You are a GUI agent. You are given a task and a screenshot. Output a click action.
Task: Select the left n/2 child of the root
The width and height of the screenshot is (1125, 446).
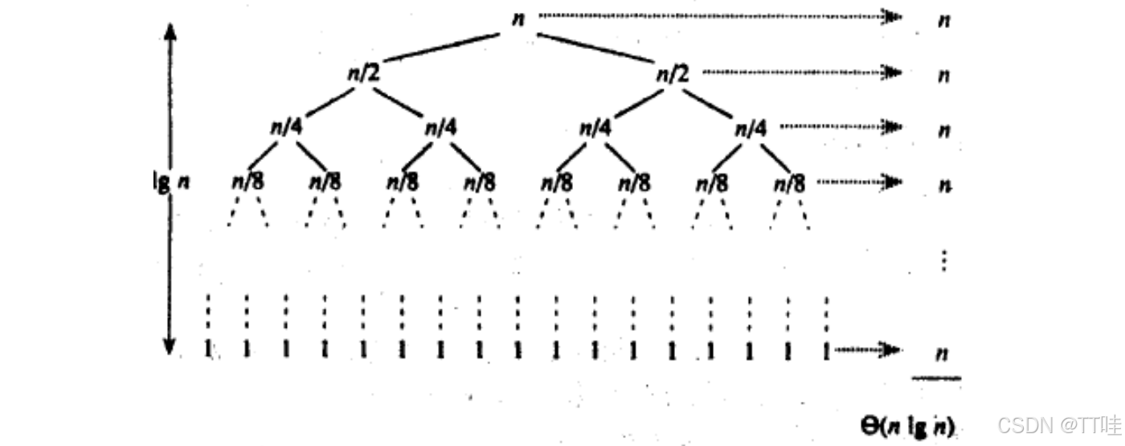point(362,74)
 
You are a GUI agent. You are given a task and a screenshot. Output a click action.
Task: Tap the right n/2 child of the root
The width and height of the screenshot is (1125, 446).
point(673,74)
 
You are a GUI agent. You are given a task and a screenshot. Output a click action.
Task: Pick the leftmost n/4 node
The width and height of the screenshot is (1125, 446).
point(285,128)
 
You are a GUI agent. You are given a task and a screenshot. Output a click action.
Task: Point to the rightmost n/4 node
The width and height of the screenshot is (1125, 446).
point(751,128)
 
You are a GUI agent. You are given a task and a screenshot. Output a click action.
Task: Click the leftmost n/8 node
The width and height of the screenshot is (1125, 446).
point(247,182)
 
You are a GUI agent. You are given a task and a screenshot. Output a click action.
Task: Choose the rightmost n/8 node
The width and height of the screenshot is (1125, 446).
point(789,183)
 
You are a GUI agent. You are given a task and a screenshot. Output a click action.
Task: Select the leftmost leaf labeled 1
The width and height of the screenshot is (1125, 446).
point(208,350)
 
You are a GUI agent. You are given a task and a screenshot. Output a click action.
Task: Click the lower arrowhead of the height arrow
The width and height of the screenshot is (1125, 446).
point(170,346)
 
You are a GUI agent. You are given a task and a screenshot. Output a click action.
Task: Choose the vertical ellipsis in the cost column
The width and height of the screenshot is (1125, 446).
point(945,260)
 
